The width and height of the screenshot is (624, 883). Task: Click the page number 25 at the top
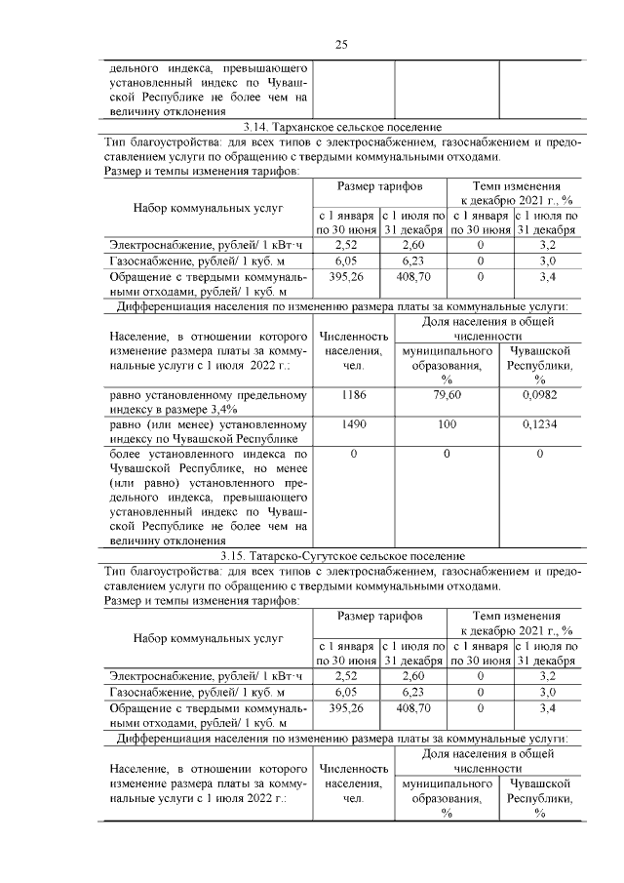(x=341, y=44)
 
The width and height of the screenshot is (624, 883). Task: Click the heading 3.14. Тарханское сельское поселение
(x=341, y=128)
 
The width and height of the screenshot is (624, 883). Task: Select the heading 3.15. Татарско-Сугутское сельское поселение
(x=341, y=556)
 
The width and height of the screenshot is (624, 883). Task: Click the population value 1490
(x=353, y=426)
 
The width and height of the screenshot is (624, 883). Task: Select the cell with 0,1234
(x=539, y=426)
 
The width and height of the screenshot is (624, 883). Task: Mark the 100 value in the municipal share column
(x=447, y=426)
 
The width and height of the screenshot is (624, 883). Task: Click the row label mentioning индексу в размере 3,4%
(x=207, y=402)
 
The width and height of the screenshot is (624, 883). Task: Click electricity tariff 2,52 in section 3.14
(x=347, y=245)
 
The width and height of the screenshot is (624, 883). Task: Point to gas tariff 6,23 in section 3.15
(x=413, y=691)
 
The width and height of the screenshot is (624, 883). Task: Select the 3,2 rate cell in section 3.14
(x=547, y=245)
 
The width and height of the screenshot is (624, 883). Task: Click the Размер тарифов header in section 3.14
(x=380, y=185)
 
